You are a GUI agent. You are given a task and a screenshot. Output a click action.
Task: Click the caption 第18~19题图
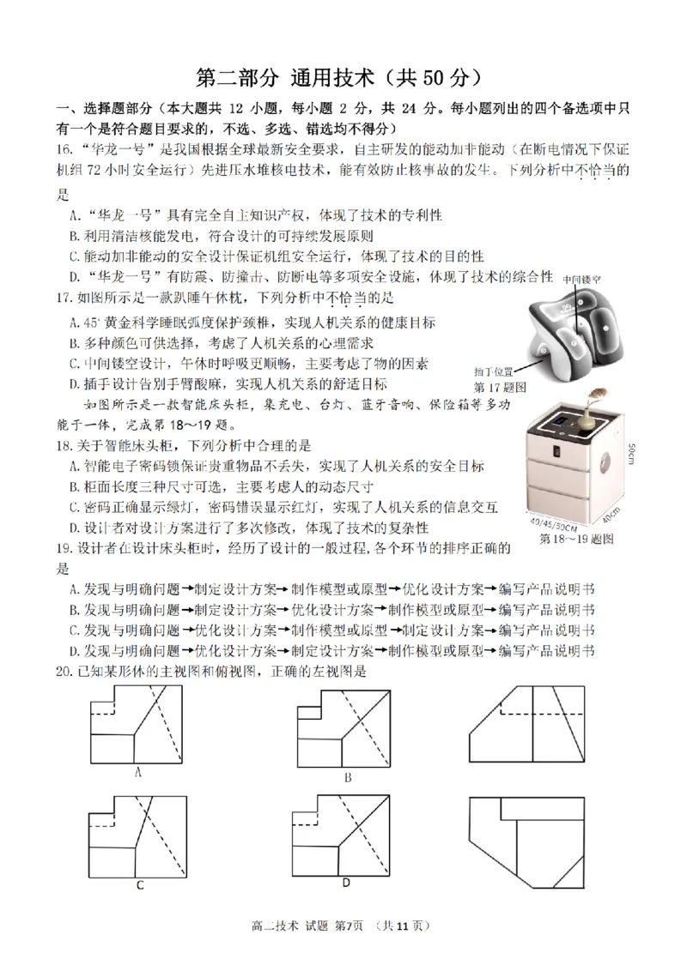[x=576, y=540]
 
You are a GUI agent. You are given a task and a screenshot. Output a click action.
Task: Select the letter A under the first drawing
[x=138, y=771]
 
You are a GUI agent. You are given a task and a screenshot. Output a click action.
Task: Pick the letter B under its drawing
[x=348, y=777]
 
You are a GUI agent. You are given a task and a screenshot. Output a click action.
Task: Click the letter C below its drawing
[x=139, y=885]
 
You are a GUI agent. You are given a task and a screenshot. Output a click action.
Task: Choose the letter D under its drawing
[x=345, y=883]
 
